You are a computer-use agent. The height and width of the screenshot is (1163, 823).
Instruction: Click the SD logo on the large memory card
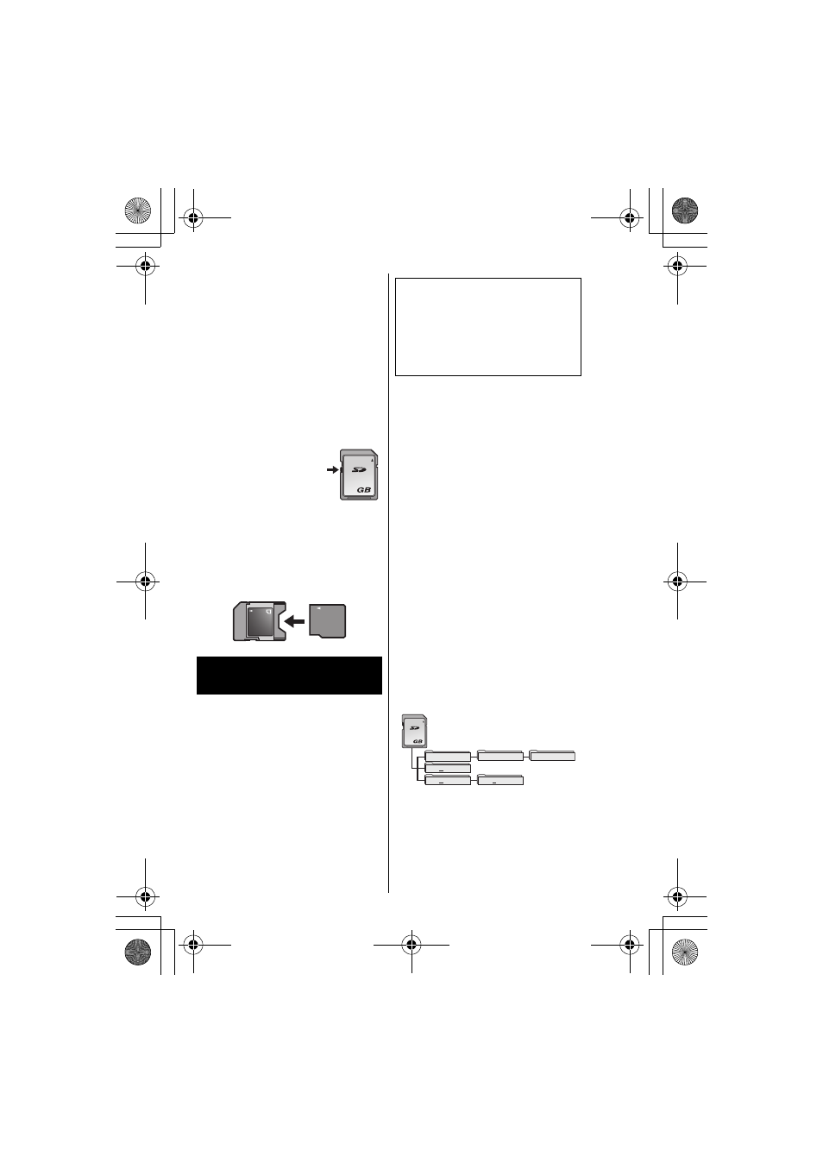point(359,470)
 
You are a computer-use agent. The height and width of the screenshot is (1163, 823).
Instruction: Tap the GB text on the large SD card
point(364,489)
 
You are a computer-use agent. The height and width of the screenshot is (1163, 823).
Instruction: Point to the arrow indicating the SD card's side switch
point(332,470)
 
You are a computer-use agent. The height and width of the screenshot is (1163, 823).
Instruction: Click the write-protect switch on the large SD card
point(341,470)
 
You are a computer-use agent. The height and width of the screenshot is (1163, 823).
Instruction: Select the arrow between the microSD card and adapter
point(294,620)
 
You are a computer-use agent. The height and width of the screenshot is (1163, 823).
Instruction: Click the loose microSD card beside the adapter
point(327,620)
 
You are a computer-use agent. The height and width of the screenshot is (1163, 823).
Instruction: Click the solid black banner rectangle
point(289,675)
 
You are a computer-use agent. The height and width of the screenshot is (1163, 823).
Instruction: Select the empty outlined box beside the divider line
point(488,327)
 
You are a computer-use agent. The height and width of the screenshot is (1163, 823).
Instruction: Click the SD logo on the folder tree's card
point(414,728)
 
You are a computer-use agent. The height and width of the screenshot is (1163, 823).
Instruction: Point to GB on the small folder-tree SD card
point(418,741)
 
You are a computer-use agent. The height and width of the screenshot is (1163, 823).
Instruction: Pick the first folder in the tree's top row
point(448,756)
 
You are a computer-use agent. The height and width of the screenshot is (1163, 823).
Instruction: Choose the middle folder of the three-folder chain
point(500,756)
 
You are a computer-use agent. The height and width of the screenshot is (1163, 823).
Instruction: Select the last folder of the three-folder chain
point(552,756)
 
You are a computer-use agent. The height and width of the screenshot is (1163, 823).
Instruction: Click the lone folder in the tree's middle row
point(448,768)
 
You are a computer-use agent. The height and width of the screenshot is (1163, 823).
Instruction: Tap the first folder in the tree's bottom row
point(448,780)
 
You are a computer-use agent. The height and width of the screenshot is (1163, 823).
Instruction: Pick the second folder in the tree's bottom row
point(500,780)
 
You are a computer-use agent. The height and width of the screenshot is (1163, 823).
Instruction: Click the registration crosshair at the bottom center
point(411,945)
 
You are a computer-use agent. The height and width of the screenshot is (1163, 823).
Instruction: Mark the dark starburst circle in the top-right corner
point(685,211)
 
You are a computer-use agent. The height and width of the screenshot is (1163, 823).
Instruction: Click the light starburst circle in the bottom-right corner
point(685,952)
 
